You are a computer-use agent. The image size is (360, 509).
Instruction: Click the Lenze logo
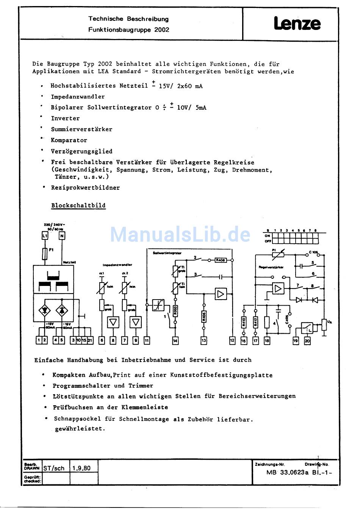click(297, 24)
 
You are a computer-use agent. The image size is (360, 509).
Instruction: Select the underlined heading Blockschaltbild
click(78, 206)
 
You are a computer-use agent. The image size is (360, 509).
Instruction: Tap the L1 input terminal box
click(45, 236)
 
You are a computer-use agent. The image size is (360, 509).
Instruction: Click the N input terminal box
click(62, 236)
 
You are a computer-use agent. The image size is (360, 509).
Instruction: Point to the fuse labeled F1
click(45, 254)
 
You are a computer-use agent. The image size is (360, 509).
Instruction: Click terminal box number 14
click(175, 341)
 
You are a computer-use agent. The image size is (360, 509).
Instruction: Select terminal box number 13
click(204, 341)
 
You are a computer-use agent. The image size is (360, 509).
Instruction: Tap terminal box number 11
click(147, 340)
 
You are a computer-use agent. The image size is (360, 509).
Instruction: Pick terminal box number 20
click(307, 341)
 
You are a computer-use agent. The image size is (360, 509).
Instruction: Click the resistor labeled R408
click(221, 260)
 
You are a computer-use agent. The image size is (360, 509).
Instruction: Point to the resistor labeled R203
click(175, 311)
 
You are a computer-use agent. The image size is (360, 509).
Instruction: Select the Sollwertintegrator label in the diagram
click(167, 253)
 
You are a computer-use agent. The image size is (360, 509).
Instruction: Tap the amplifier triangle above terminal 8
click(113, 322)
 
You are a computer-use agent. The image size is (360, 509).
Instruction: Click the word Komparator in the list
click(69, 140)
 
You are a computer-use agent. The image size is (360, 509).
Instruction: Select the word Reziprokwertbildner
click(85, 187)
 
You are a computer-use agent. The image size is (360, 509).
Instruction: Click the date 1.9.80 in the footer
click(81, 468)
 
